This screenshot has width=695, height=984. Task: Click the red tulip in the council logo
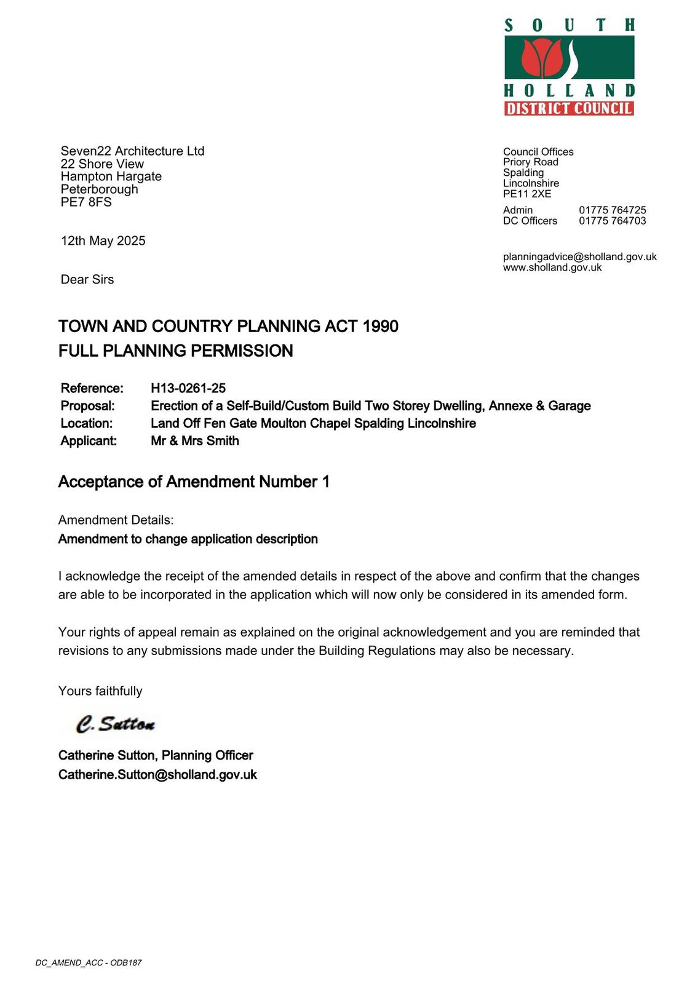click(x=542, y=56)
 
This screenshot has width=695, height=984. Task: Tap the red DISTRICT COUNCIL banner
click(x=569, y=109)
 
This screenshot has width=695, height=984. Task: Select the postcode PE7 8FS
click(x=86, y=202)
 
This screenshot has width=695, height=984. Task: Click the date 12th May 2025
click(x=103, y=241)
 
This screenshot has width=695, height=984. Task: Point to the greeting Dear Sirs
click(x=87, y=280)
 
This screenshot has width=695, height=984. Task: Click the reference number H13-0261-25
click(x=188, y=388)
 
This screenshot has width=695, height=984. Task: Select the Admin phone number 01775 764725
click(x=612, y=210)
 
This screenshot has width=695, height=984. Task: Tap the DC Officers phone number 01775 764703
click(x=612, y=221)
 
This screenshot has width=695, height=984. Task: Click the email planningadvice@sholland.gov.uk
click(x=579, y=257)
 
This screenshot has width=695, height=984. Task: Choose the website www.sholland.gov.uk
click(x=552, y=268)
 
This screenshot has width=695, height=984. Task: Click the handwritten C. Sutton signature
click(x=116, y=724)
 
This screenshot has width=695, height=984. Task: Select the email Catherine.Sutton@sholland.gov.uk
click(x=157, y=775)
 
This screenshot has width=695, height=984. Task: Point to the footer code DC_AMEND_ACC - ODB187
click(x=89, y=962)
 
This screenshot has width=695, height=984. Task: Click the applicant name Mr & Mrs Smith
click(x=195, y=441)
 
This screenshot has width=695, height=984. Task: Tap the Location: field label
click(x=87, y=424)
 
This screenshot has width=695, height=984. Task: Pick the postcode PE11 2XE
click(x=527, y=194)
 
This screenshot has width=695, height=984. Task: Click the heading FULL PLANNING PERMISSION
click(x=176, y=351)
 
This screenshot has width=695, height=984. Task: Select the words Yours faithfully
click(x=100, y=691)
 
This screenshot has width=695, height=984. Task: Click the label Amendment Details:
click(x=116, y=520)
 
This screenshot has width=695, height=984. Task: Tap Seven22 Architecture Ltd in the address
click(x=132, y=151)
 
